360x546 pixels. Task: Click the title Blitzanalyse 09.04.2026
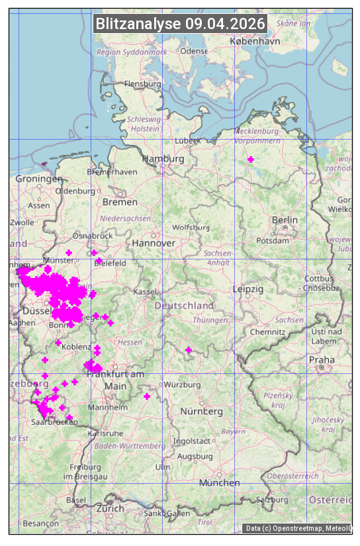pos(180,24)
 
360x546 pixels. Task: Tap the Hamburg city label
pos(163,159)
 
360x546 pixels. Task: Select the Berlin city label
pos(285,220)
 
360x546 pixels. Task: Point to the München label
pos(220,482)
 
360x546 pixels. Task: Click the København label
pos(255,41)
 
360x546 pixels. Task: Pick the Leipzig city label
pos(248,289)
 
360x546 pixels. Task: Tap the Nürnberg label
pos(202,411)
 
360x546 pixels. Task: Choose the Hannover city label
pos(154,243)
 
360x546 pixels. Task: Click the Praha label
pos(322,359)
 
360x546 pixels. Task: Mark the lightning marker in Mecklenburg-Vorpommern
pos(251,159)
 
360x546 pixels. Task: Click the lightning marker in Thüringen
pos(189,350)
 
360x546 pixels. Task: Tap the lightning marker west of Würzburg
pos(147,396)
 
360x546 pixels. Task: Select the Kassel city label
pos(144,291)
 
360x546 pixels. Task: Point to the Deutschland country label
pos(184,306)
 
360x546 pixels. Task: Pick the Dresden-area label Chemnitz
pos(263,331)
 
